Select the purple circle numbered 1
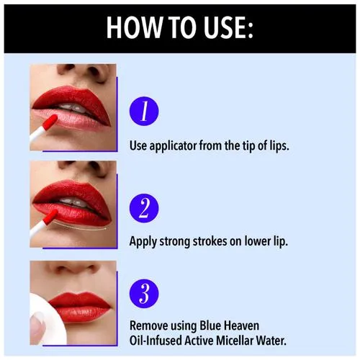144,111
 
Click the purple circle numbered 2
144,208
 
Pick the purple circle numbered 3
144,294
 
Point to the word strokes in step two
210,241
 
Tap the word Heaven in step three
241,325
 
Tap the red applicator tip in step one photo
50,122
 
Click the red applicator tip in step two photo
50,217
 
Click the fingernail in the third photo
37,328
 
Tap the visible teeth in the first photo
72,107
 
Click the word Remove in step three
149,325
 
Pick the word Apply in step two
143,242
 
